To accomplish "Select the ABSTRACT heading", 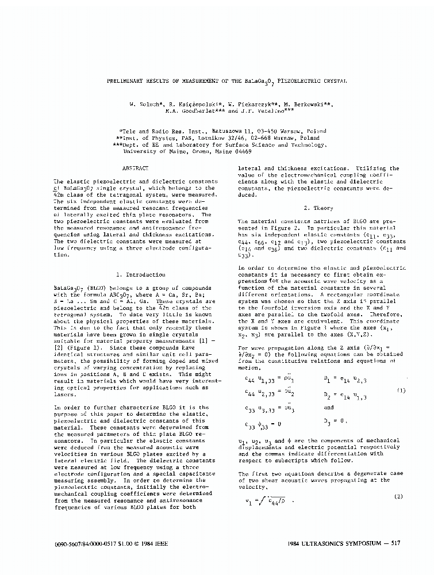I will [x=136, y=168].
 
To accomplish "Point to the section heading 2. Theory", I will [x=318, y=208].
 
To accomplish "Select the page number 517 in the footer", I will [x=390, y=543].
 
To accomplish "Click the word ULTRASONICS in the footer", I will [x=328, y=543].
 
